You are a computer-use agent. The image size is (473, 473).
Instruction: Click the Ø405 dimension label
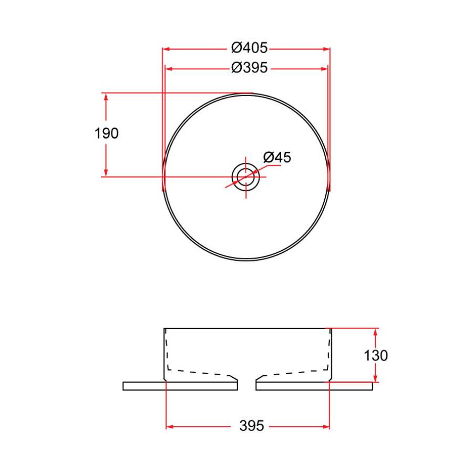click(250, 48)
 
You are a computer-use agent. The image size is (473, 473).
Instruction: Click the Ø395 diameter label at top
click(250, 68)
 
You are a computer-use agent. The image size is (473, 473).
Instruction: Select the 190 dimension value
click(107, 133)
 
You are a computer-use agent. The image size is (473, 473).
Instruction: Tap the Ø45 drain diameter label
click(277, 157)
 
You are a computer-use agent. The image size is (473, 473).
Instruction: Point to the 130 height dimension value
click(376, 356)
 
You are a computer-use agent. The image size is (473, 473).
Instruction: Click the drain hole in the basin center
click(246, 177)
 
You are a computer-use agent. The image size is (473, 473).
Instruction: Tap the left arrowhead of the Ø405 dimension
click(166, 49)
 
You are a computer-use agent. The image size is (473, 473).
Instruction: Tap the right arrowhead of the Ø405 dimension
click(326, 49)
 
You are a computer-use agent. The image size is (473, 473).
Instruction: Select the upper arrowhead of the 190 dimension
click(106, 97)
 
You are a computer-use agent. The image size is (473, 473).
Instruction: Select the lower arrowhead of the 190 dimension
click(106, 172)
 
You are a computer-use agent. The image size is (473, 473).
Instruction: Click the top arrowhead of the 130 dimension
click(376, 332)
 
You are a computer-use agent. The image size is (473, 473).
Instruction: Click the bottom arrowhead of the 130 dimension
click(376, 378)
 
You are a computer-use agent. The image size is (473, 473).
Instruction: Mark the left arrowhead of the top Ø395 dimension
click(169, 68)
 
